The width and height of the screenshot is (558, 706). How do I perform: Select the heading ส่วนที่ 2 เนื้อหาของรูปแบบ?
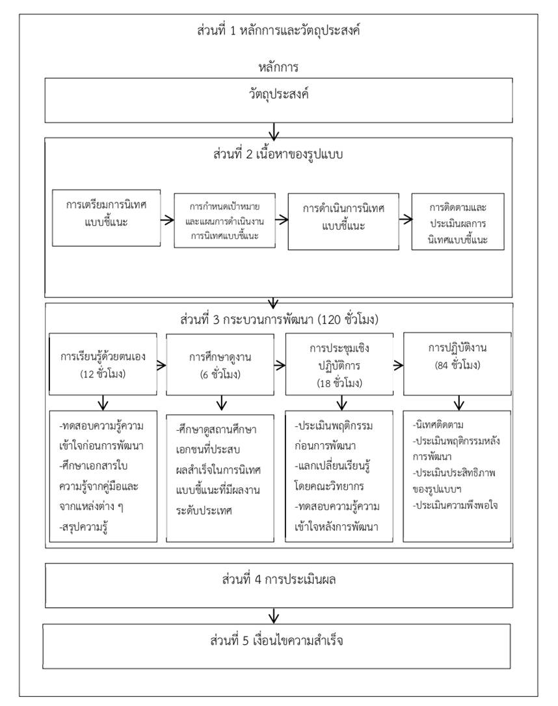(x=274, y=157)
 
